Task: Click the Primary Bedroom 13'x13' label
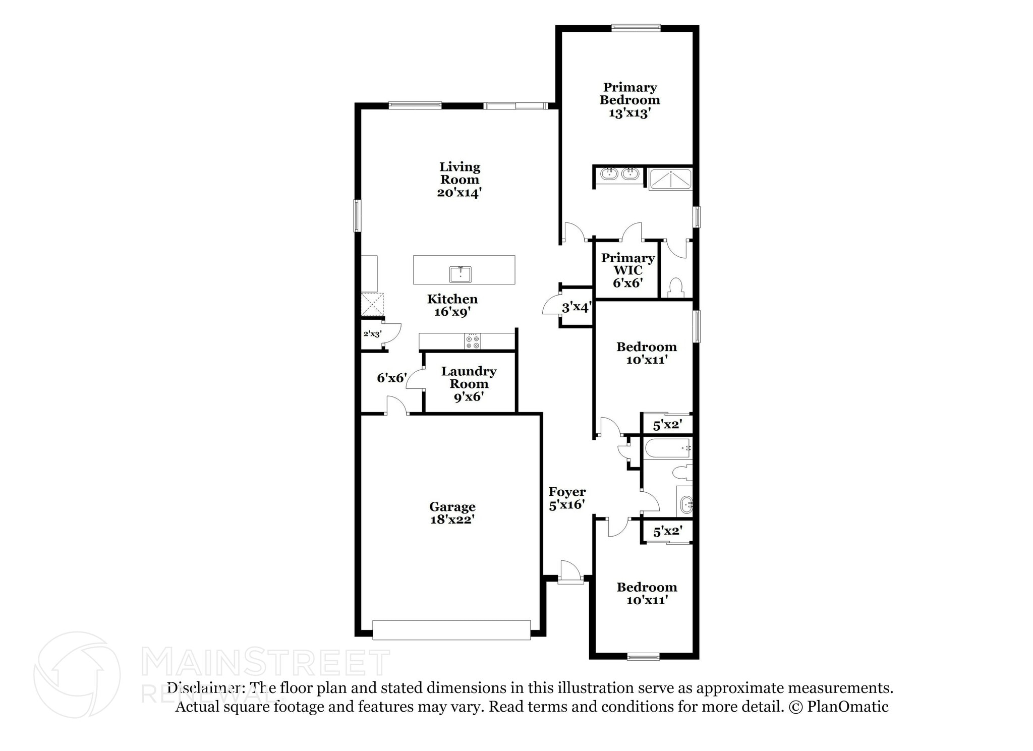point(629,100)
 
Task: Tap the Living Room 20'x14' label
point(460,180)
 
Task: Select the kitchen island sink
point(460,274)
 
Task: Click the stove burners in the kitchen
point(473,341)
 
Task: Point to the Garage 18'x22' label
point(452,513)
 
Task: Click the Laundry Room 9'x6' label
point(469,384)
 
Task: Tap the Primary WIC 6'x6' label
point(627,270)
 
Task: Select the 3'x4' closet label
point(576,307)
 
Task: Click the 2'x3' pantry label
point(372,334)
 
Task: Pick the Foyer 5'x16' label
point(567,498)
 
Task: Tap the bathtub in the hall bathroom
point(667,448)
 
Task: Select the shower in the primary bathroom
point(670,180)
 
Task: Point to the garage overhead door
point(451,630)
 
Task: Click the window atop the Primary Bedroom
point(636,28)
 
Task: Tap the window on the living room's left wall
point(357,215)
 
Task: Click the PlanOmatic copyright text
point(838,707)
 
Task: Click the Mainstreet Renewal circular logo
point(77,674)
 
